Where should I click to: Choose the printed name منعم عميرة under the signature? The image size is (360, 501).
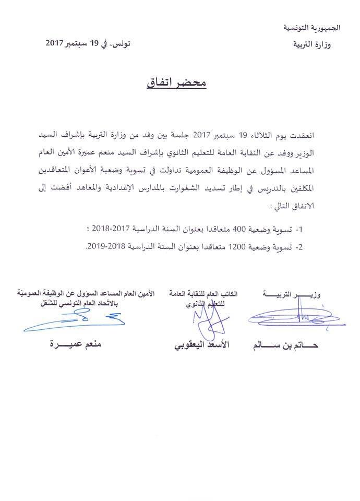point(74,345)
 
